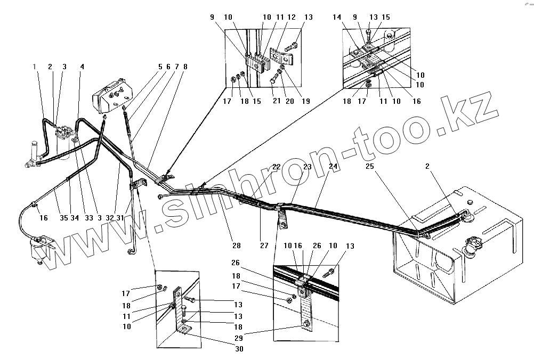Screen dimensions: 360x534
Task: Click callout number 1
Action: [x=35, y=67]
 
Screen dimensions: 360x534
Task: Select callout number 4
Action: [x=82, y=67]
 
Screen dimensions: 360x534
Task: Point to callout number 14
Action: [x=352, y=18]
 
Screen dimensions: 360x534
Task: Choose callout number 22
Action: [x=276, y=167]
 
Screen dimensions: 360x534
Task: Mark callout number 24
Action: [x=333, y=167]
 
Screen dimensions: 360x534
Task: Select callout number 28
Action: [x=236, y=246]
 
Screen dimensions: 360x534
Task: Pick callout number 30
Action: [x=240, y=349]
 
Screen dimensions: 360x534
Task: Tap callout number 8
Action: [x=185, y=67]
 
